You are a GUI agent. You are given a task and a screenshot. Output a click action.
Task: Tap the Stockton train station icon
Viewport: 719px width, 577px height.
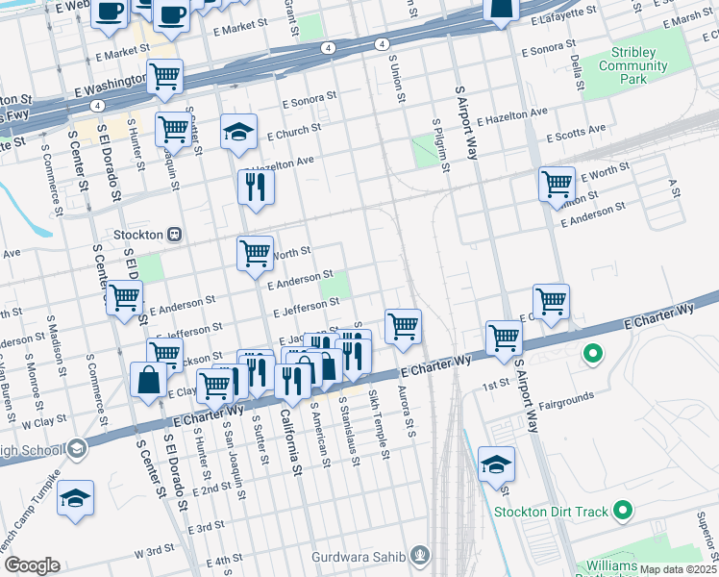click(175, 234)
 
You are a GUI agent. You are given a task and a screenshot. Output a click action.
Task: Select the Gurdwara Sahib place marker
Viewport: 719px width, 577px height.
click(419, 555)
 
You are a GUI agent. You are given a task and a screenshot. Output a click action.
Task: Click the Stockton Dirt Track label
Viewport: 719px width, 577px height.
click(553, 512)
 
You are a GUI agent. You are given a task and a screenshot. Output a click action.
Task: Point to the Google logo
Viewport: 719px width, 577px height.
click(32, 565)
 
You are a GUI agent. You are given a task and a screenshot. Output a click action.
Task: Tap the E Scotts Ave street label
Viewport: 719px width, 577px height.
click(576, 130)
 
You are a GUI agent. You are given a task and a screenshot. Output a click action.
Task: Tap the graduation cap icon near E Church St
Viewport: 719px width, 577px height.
click(238, 133)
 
